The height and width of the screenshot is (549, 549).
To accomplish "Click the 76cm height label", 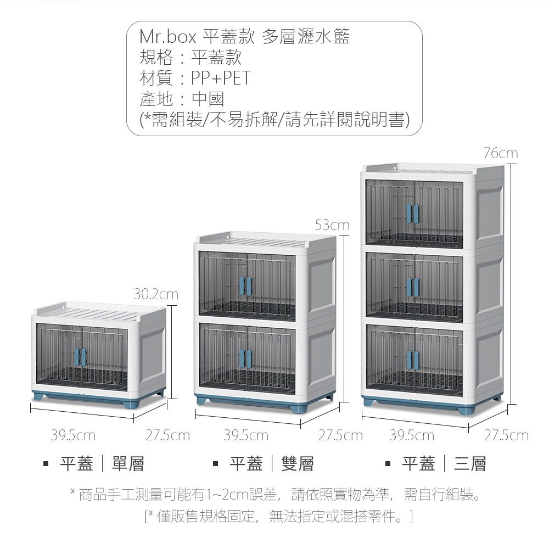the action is coord(501,153).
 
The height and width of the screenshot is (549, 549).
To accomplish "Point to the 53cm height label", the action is coord(332,225).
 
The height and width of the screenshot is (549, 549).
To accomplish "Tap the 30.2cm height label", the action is coord(156,294).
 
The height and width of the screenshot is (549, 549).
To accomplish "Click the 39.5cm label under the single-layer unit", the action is coord(73,435).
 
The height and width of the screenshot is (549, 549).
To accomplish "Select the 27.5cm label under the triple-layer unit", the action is coord(506,435).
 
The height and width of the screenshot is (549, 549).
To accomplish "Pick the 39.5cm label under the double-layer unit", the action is coord(246,435).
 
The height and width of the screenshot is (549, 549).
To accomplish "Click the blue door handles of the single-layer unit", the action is coord(81,357).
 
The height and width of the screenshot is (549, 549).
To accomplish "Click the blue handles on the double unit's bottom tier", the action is coord(246,358).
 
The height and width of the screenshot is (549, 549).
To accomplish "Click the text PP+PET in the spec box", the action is coord(221,78).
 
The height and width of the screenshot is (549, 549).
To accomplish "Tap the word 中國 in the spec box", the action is coord(208,99).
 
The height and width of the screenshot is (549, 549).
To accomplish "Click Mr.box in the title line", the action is coord(167,36).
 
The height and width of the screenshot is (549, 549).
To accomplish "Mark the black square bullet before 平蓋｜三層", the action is coord(388,464).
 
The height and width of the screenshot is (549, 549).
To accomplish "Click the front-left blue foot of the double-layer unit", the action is coord(204,400).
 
